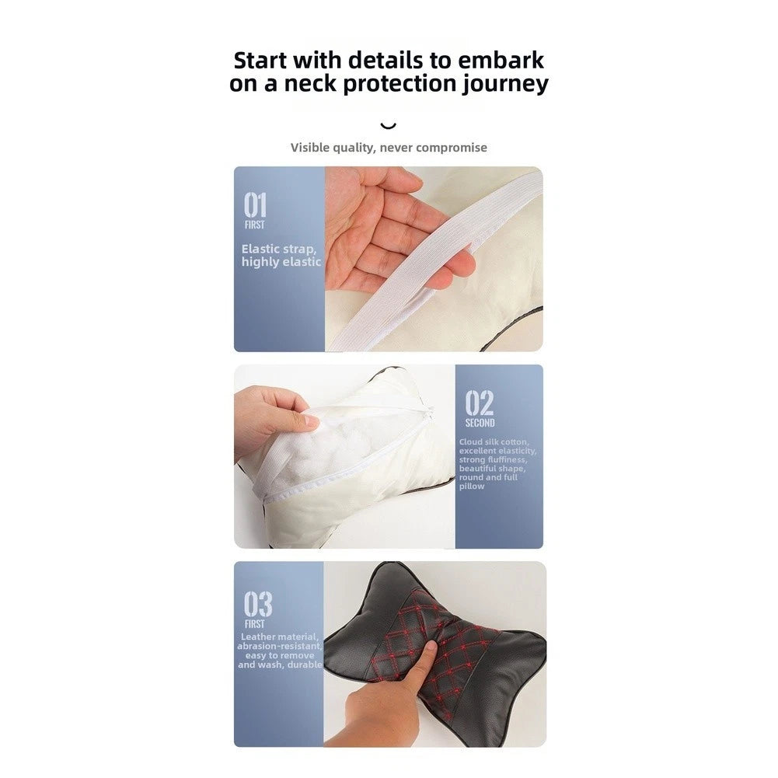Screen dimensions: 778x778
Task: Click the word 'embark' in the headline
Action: [x=501, y=61]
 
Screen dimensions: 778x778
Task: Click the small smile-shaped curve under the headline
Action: [x=388, y=126]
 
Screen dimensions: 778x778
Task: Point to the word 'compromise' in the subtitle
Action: [x=452, y=148]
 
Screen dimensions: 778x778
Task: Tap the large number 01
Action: [x=255, y=205]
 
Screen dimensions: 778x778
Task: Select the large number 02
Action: [x=480, y=403]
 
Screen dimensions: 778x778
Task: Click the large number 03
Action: [x=258, y=604]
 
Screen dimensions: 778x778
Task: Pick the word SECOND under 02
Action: [x=480, y=423]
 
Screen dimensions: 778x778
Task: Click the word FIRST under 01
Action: [x=254, y=225]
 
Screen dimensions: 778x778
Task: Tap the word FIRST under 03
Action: [x=254, y=624]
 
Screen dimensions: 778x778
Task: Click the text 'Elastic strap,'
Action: [x=279, y=249]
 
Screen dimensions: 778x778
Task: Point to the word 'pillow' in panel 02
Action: [x=471, y=487]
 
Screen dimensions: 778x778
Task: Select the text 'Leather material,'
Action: [x=280, y=637]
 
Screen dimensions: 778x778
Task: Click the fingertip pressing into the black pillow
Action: [x=430, y=647]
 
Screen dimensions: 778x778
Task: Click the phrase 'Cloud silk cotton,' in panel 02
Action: [x=494, y=441]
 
